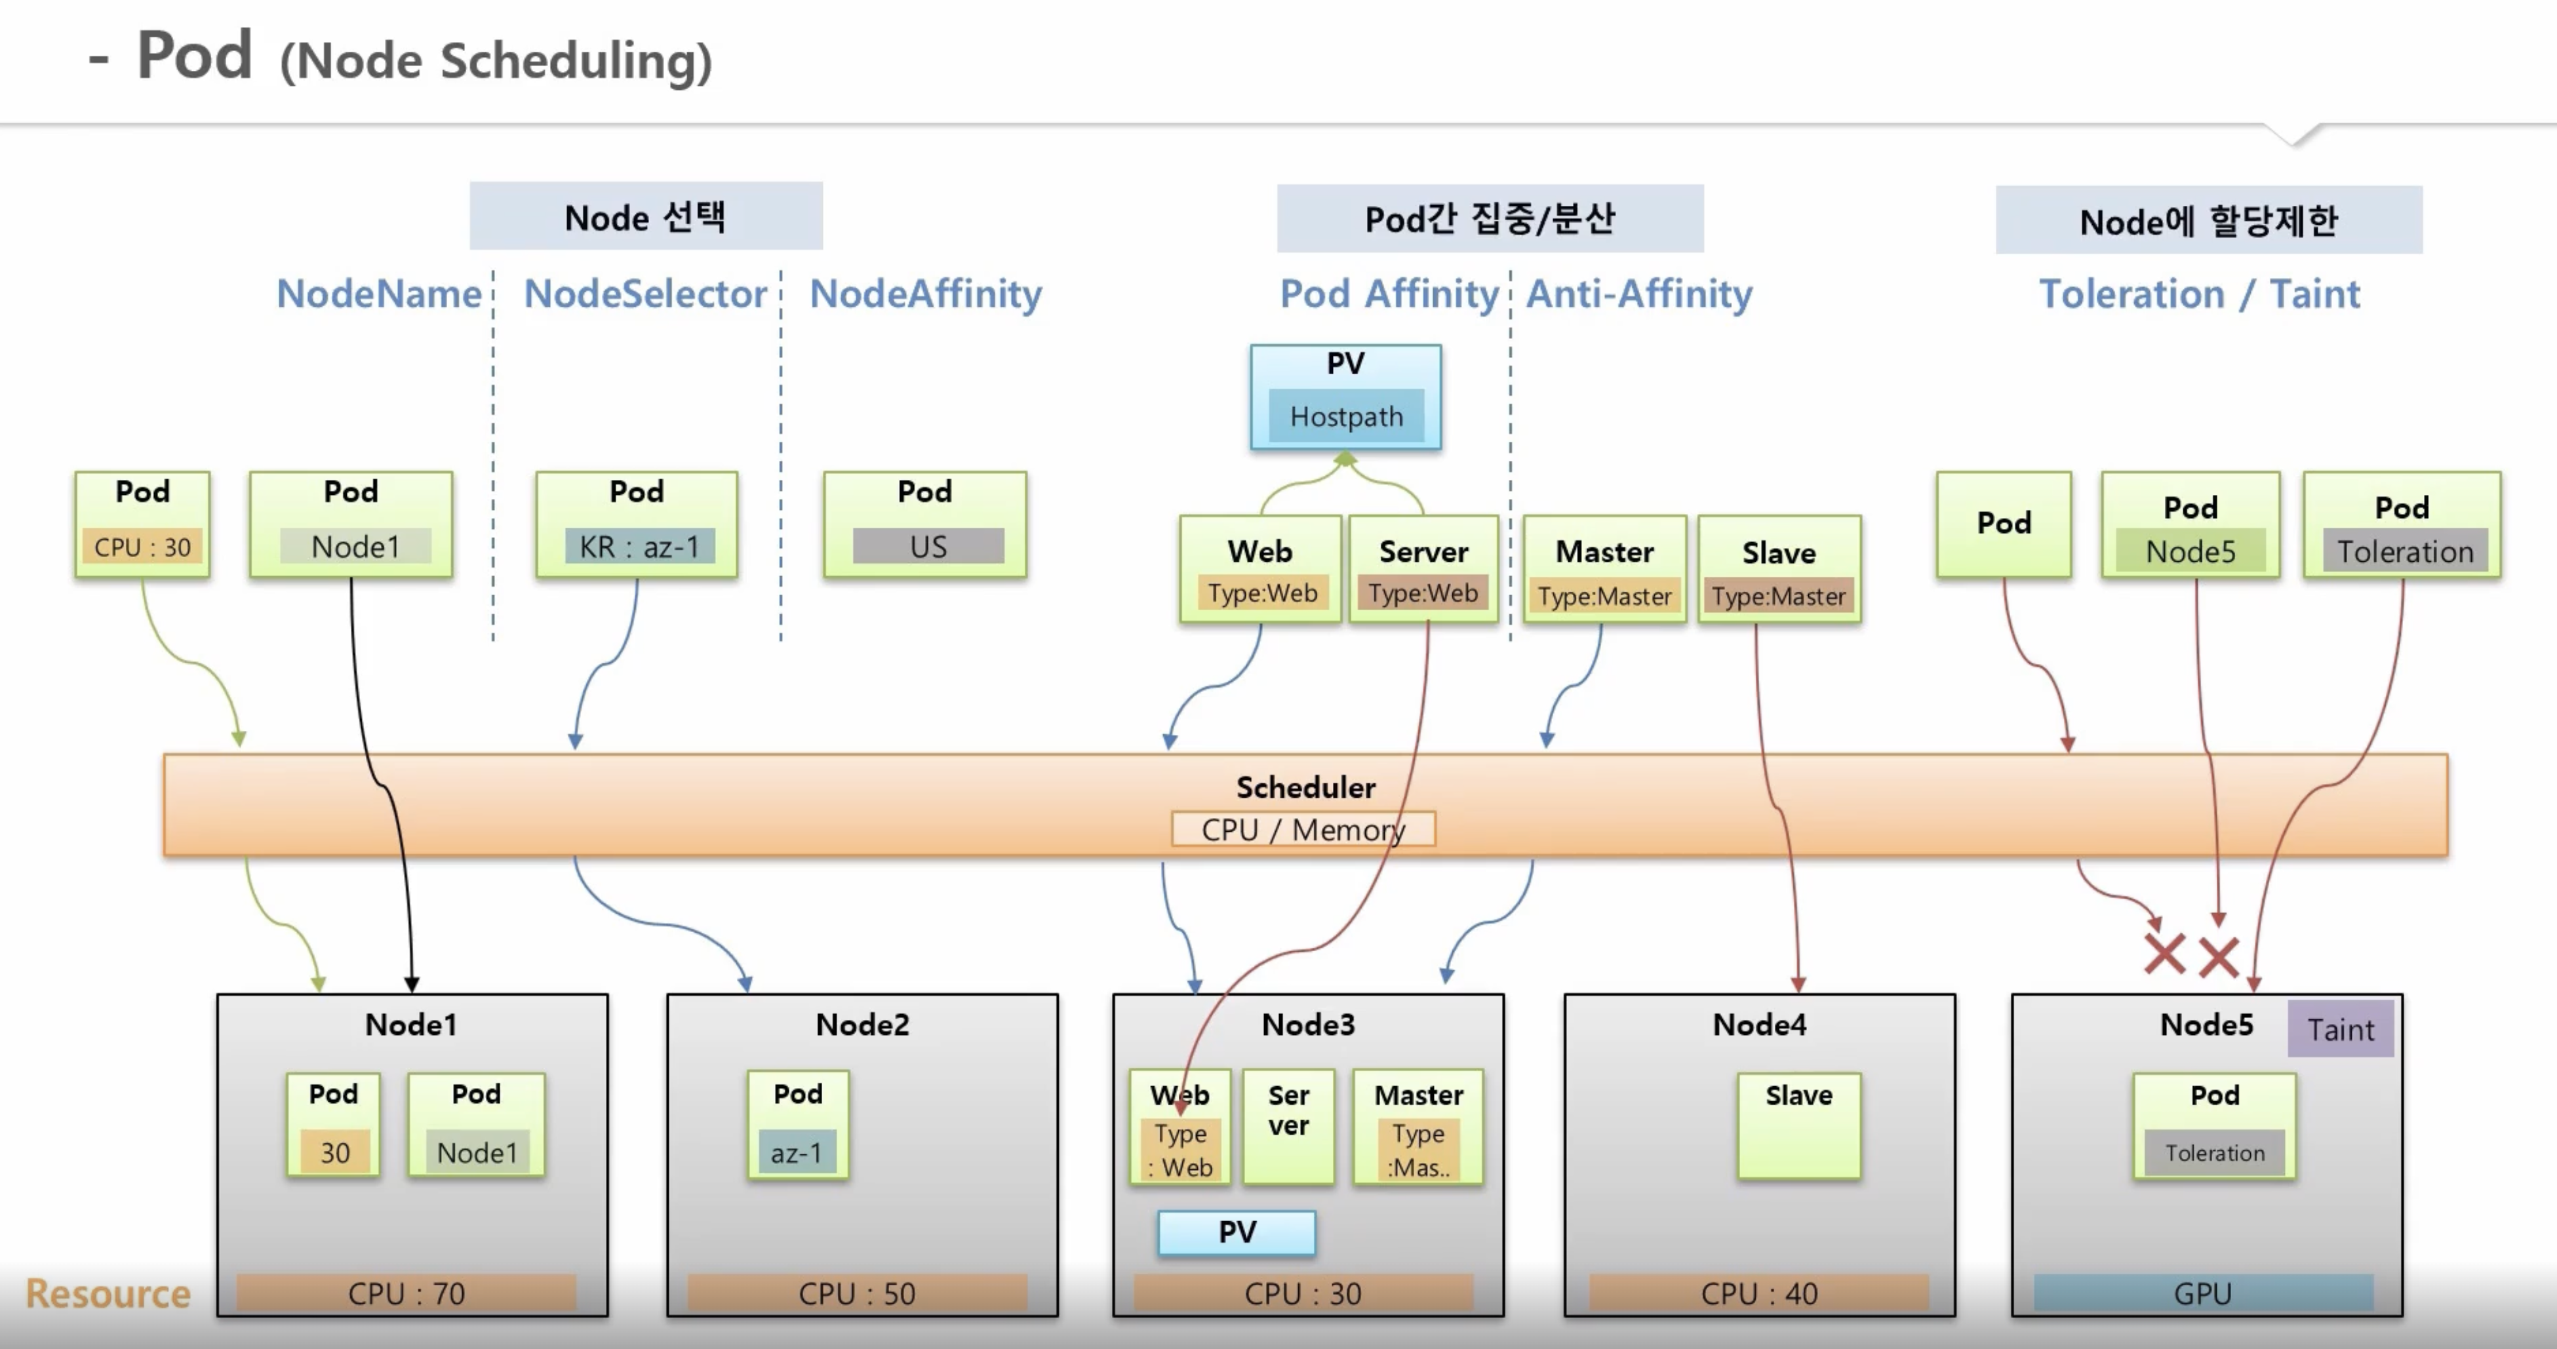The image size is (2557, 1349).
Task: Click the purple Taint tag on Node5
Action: click(x=2339, y=1028)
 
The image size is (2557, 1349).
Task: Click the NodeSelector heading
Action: click(x=645, y=294)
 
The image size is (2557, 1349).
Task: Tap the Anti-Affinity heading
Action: click(x=1639, y=294)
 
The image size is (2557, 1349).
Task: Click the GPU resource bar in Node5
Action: click(x=2203, y=1293)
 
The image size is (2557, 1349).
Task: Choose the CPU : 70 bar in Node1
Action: click(x=406, y=1293)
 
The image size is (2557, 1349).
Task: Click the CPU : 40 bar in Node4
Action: click(x=1759, y=1293)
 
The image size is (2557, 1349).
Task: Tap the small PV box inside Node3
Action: click(x=1237, y=1232)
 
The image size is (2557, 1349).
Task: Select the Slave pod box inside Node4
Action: click(x=1798, y=1125)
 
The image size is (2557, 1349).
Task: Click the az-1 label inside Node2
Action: click(x=797, y=1152)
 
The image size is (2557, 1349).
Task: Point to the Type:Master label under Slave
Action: click(x=1778, y=596)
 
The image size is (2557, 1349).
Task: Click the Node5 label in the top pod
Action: click(x=2190, y=551)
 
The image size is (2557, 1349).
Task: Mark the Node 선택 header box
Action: click(x=645, y=216)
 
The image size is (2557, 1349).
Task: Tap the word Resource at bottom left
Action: click(x=108, y=1293)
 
